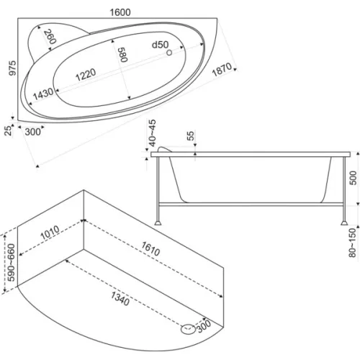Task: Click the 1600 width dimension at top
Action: pyautogui.click(x=120, y=12)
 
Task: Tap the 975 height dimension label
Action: pyautogui.click(x=12, y=68)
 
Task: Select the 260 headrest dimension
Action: pyautogui.click(x=50, y=37)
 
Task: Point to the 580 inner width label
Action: pyautogui.click(x=123, y=55)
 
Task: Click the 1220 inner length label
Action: pyautogui.click(x=86, y=74)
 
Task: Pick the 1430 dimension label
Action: pyautogui.click(x=43, y=94)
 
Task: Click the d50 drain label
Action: pyautogui.click(x=160, y=45)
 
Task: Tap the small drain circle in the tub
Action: pyautogui.click(x=169, y=53)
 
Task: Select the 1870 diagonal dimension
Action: pyautogui.click(x=222, y=69)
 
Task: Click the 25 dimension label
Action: pyautogui.click(x=9, y=130)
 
